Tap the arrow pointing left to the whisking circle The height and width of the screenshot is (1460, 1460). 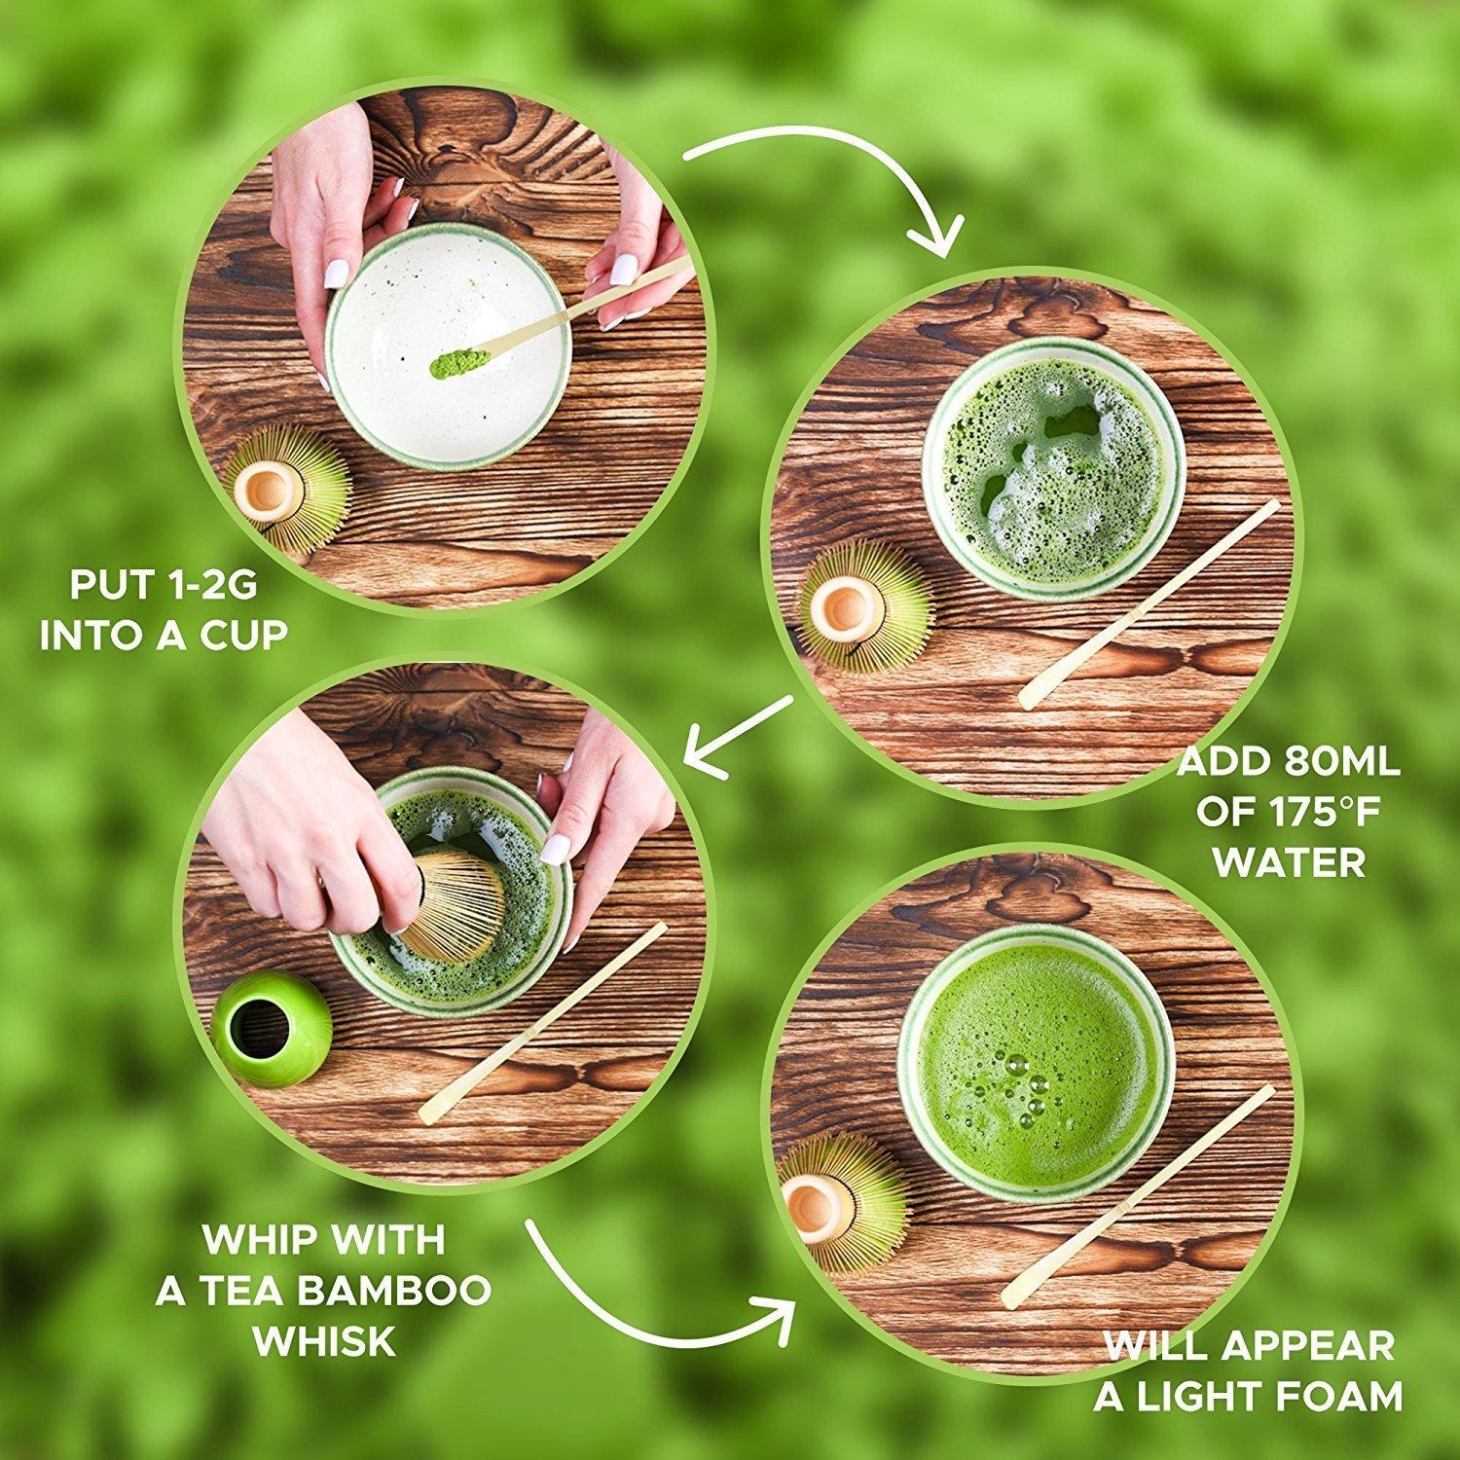click(736, 731)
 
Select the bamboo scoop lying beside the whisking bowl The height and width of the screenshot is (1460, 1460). click(543, 1022)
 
